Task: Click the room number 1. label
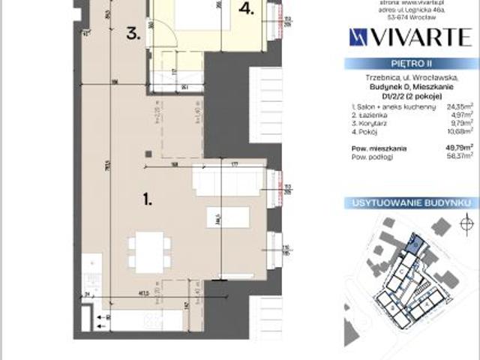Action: [148, 199]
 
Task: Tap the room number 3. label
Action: [133, 33]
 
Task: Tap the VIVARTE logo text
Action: [409, 35]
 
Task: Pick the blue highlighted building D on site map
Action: [412, 241]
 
